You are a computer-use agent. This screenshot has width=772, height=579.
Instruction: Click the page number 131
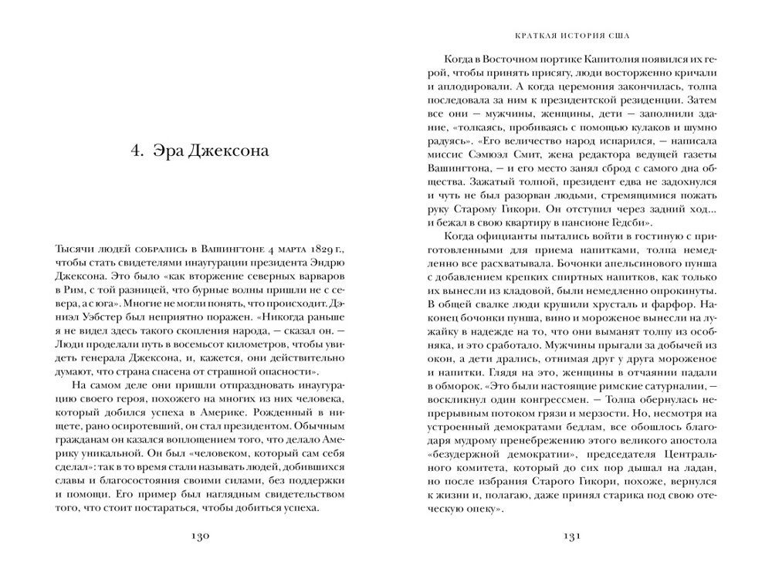tap(571, 539)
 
